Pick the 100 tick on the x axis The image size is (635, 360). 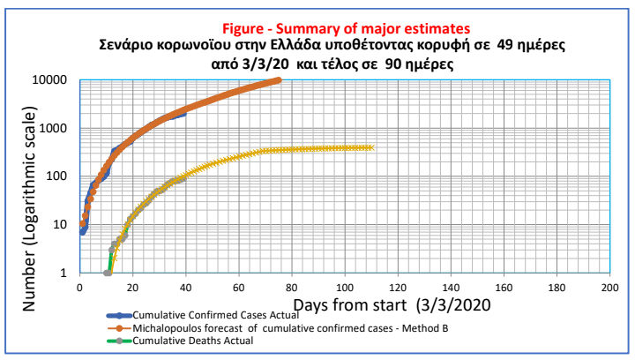345,287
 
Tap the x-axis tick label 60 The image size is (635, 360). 239,287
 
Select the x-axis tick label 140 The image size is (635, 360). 451,287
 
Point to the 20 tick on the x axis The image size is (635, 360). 133,287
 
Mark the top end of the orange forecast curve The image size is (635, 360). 278,80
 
